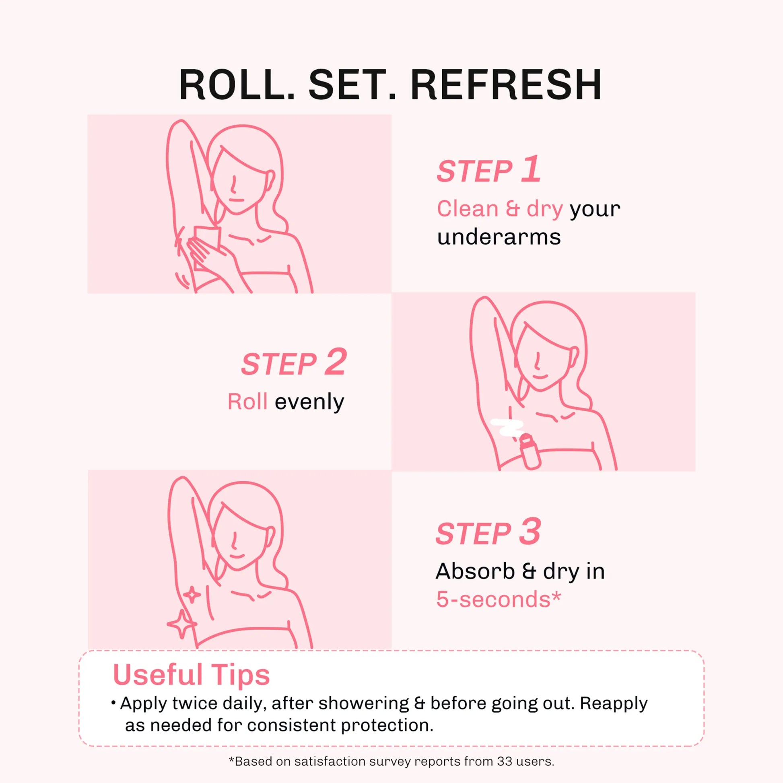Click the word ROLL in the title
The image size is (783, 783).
[x=237, y=85]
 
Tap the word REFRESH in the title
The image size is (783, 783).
[x=506, y=85]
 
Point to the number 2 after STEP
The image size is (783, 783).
[x=336, y=362]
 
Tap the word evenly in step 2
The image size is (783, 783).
[x=309, y=402]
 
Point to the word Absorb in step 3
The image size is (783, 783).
[x=475, y=571]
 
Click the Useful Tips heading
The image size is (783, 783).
[x=191, y=675]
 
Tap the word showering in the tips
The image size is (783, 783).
[x=364, y=703]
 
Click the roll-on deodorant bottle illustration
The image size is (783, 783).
[x=530, y=452]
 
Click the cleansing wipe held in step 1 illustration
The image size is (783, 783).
[x=206, y=247]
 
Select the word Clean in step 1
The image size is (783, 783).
[x=467, y=209]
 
